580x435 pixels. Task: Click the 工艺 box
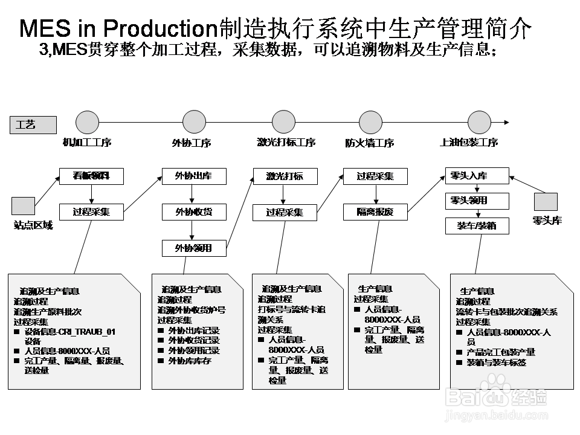click(x=33, y=125)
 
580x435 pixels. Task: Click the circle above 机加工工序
click(x=87, y=122)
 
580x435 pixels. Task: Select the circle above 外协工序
click(x=195, y=122)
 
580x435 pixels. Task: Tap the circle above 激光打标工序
click(x=284, y=122)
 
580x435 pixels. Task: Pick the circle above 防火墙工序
click(x=371, y=122)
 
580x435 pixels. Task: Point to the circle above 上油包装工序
click(x=479, y=122)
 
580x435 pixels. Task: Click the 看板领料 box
click(x=92, y=176)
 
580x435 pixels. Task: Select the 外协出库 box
click(x=194, y=176)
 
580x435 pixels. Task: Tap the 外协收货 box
click(x=194, y=212)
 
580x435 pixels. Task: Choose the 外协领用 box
click(x=194, y=248)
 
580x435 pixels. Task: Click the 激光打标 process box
click(x=285, y=176)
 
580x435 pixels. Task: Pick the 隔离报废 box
click(x=375, y=212)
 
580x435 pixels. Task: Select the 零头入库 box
click(x=477, y=176)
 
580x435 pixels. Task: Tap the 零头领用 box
click(x=477, y=201)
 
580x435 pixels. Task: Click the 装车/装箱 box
click(x=477, y=226)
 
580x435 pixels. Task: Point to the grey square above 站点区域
click(x=24, y=206)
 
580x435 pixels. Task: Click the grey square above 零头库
click(x=546, y=202)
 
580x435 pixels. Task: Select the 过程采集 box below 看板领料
click(x=92, y=212)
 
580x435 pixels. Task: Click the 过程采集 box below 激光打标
click(x=285, y=213)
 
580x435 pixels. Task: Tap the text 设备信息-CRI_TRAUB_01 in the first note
click(x=70, y=332)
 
